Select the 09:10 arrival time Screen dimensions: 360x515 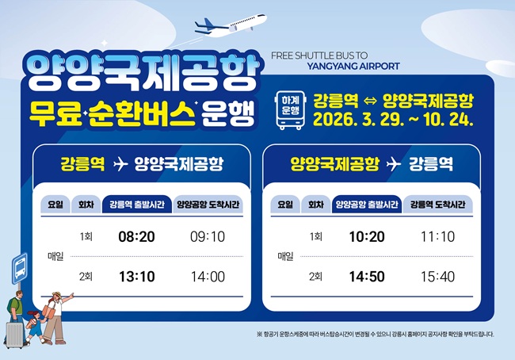coord(208,237)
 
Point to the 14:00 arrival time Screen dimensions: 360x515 coord(208,277)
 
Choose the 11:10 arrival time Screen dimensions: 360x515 coord(437,237)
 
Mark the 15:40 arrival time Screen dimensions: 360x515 coord(437,277)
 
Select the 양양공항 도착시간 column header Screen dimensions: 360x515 coord(208,205)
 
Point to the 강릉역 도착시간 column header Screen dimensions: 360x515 coord(437,205)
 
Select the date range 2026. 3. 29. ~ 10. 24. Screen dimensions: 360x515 coord(393,121)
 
